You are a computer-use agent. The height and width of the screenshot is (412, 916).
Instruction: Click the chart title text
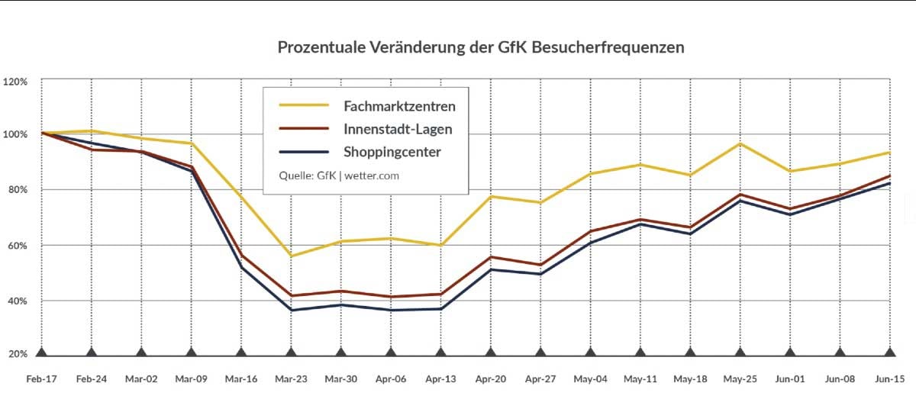(480, 47)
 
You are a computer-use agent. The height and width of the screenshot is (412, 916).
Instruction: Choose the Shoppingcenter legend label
(392, 152)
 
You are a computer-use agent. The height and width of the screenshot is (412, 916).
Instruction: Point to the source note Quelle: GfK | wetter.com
(339, 175)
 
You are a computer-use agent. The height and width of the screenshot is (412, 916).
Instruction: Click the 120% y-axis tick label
(15, 82)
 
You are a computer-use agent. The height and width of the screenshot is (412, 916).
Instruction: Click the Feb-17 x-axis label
(41, 378)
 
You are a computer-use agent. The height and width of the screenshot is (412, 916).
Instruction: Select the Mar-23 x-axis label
(291, 378)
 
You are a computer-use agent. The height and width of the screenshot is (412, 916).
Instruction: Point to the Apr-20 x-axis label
(490, 378)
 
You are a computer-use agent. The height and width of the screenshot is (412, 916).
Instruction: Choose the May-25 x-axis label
(740, 378)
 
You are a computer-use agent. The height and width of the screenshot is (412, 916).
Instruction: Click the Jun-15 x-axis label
(889, 378)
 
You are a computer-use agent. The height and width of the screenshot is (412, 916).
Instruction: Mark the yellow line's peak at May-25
(740, 143)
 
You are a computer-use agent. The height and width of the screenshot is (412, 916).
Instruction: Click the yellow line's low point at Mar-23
(291, 256)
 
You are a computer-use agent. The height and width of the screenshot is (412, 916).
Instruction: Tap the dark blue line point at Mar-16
(241, 267)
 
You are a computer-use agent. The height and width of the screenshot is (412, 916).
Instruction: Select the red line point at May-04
(590, 231)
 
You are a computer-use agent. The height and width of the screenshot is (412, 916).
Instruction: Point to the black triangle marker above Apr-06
(391, 352)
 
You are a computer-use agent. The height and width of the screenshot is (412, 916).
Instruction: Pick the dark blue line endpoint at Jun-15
(889, 183)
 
